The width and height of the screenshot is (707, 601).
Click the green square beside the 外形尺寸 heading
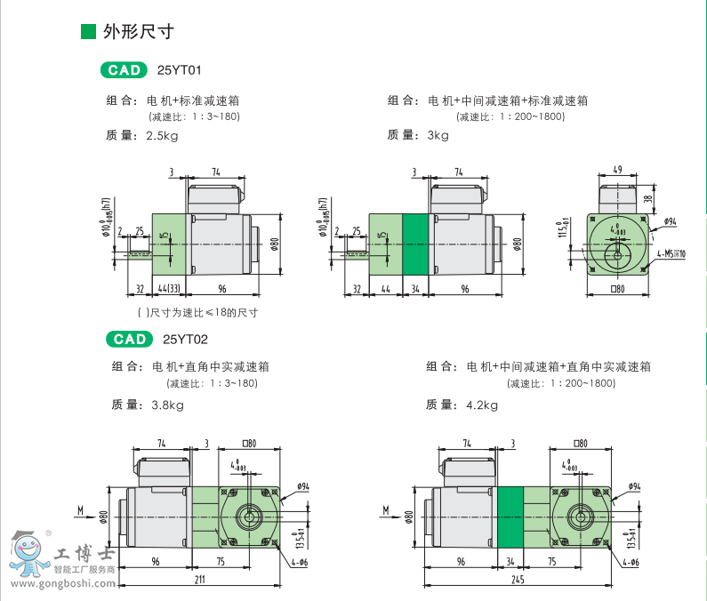(x=88, y=32)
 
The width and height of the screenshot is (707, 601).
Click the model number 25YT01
(x=174, y=69)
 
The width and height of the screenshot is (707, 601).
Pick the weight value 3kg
(x=438, y=135)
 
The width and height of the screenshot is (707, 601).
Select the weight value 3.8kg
(x=168, y=405)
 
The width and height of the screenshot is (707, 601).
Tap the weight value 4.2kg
(x=481, y=405)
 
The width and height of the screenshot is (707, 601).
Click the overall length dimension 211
(x=200, y=579)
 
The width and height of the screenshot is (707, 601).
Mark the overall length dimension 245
(x=518, y=579)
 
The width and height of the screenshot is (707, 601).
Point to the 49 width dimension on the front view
(x=618, y=169)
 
